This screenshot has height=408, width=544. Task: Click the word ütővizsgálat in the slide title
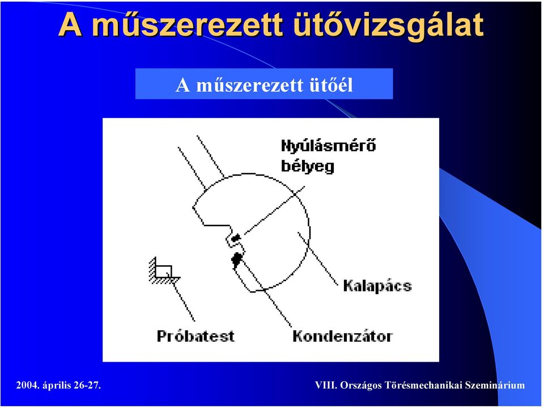389,25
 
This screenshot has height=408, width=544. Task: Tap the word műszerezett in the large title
188,25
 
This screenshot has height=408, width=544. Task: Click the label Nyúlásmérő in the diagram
328,145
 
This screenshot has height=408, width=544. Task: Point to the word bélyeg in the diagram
307,166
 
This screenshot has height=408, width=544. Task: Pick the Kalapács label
377,286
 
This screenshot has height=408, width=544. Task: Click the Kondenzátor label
342,336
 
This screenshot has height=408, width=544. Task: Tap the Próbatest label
195,336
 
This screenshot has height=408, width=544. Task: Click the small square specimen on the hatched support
163,271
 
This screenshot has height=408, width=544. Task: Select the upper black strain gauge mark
236,238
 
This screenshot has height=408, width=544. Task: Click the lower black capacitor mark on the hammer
237,260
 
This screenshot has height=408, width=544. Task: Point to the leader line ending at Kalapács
318,259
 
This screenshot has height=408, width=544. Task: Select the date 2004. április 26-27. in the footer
58,385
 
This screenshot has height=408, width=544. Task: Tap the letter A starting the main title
70,25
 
